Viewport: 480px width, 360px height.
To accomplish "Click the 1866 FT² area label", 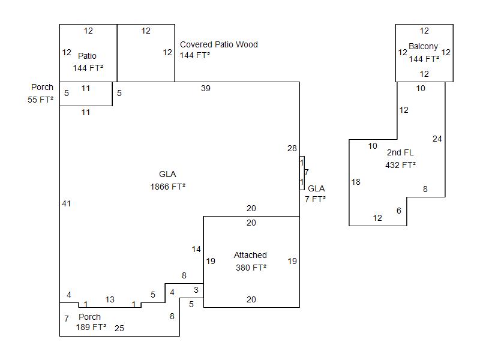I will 167,187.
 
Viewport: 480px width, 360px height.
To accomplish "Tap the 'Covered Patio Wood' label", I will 219,44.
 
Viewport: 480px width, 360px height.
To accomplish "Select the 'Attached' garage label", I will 250,255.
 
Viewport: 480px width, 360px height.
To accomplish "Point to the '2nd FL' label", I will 400,152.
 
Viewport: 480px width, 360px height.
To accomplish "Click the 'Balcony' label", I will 424,46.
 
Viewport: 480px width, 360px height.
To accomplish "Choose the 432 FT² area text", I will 400,164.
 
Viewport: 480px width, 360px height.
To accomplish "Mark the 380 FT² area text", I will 251,268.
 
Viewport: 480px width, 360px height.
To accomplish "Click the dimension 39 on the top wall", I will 206,88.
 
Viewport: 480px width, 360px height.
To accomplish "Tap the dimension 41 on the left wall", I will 66,203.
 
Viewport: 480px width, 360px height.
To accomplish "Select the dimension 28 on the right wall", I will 292,148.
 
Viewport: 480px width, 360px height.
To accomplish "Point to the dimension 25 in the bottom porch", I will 119,328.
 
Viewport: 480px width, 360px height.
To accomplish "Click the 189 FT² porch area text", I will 91,328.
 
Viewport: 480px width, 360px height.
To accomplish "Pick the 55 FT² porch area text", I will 40,100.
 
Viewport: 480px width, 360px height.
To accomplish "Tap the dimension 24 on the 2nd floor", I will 437,139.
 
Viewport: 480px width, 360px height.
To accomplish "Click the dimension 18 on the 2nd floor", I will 356,182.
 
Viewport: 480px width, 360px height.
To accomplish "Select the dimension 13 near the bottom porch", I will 110,299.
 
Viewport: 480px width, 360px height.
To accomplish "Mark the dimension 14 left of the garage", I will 196,249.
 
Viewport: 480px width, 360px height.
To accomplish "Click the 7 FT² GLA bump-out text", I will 316,199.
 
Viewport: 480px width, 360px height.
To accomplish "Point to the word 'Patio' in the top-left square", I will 87,56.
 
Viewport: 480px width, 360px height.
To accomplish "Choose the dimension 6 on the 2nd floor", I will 399,211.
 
